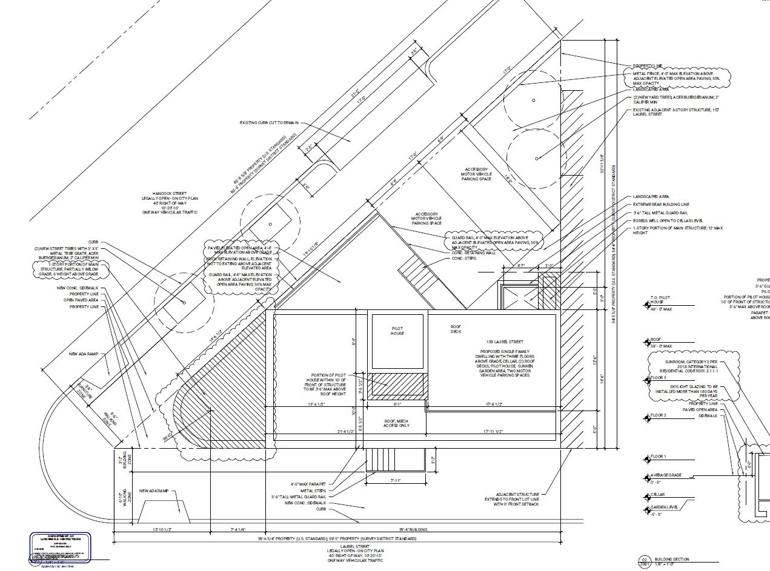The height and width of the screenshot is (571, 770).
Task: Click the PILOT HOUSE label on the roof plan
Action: [397, 331]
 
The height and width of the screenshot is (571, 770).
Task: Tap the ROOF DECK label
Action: [456, 329]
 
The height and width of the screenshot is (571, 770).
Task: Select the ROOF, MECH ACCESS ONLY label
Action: [397, 423]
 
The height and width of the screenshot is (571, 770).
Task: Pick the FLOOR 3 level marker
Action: [658, 378]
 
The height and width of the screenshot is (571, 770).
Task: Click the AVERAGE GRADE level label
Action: [666, 475]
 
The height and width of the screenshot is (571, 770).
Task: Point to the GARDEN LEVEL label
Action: [665, 507]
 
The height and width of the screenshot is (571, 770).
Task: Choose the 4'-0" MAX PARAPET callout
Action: [308, 484]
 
